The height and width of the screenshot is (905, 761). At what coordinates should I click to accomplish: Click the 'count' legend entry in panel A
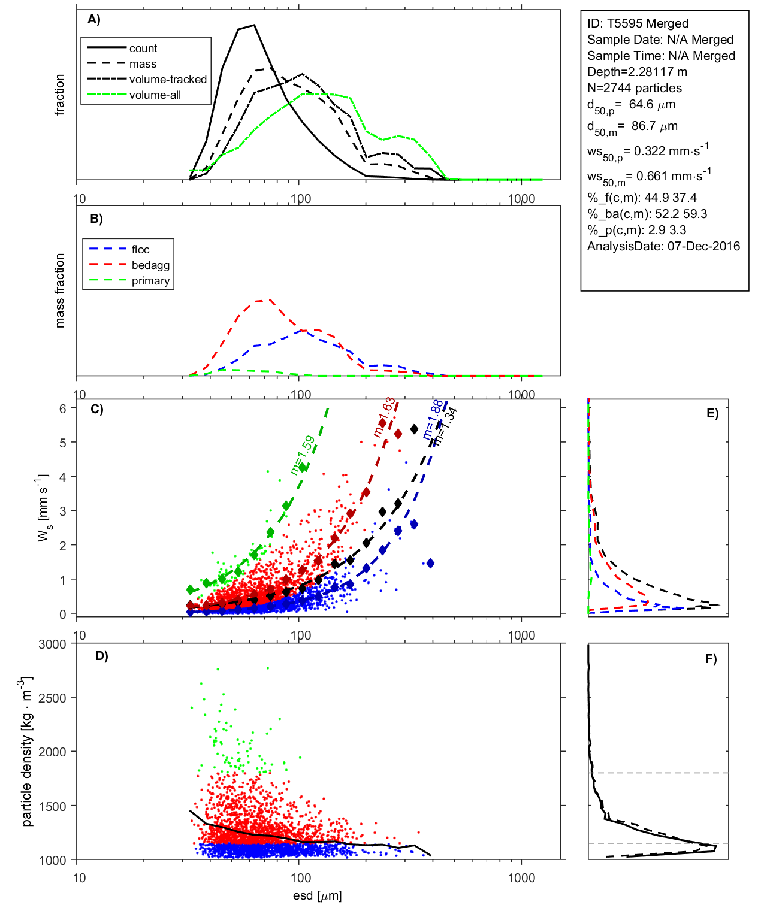pyautogui.click(x=143, y=49)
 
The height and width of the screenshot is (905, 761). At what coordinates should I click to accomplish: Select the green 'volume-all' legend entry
pyautogui.click(x=155, y=95)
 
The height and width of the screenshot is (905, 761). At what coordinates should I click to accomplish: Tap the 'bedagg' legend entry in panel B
pyautogui.click(x=150, y=265)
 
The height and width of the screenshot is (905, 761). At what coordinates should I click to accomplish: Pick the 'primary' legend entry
pyautogui.click(x=150, y=281)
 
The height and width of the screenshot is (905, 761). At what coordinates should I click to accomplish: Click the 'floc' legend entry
pyautogui.click(x=140, y=250)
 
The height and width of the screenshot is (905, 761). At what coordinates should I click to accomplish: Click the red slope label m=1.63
pyautogui.click(x=384, y=417)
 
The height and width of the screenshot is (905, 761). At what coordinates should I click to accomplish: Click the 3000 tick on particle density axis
pyautogui.click(x=52, y=644)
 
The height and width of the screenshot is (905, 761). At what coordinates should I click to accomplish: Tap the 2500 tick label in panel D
pyautogui.click(x=52, y=698)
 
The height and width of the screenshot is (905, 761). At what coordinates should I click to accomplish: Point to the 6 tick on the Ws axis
pyautogui.click(x=62, y=408)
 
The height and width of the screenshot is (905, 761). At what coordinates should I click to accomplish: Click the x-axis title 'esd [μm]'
pyautogui.click(x=317, y=895)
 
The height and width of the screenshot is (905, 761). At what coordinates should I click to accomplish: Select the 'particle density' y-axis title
pyautogui.click(x=27, y=752)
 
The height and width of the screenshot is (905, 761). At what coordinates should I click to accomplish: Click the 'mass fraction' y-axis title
pyautogui.click(x=59, y=290)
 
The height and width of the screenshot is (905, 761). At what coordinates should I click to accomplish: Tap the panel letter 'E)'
pyautogui.click(x=712, y=413)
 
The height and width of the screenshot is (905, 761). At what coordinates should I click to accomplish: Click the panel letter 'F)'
pyautogui.click(x=711, y=659)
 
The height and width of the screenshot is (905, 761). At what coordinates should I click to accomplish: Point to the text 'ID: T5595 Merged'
pyautogui.click(x=638, y=23)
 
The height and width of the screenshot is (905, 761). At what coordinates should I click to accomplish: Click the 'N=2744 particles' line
pyautogui.click(x=634, y=88)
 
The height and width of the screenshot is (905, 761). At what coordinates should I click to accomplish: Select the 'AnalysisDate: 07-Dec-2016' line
pyautogui.click(x=663, y=246)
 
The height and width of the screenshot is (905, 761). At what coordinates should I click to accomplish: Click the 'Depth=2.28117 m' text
pyautogui.click(x=637, y=72)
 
